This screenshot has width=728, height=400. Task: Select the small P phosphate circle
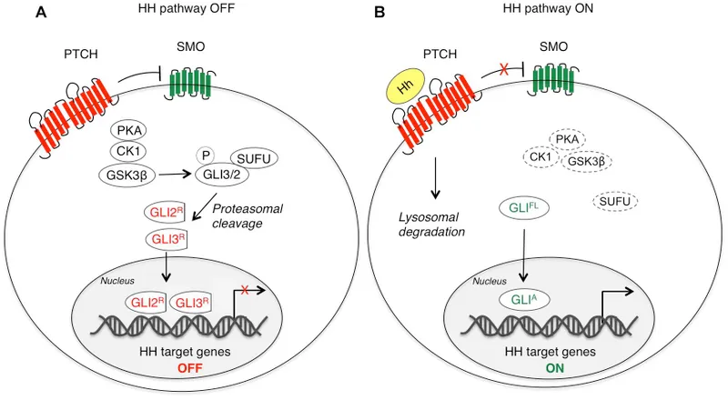click(207, 155)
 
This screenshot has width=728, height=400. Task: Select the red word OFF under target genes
click(190, 367)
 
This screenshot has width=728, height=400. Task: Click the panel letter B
click(380, 15)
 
